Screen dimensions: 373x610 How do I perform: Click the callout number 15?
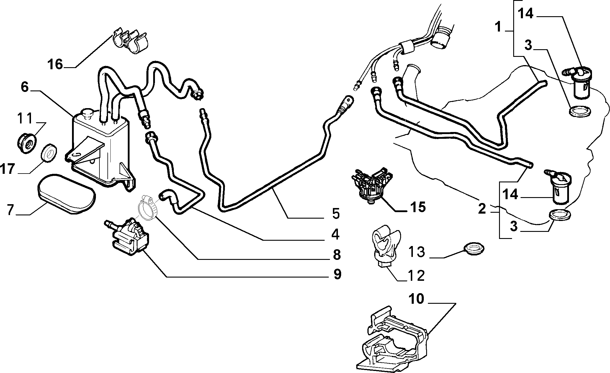[x=418, y=207]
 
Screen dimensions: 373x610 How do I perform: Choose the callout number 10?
[x=416, y=299]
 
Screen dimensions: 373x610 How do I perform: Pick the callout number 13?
[x=416, y=252]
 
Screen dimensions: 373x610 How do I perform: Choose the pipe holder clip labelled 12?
[x=385, y=247]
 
